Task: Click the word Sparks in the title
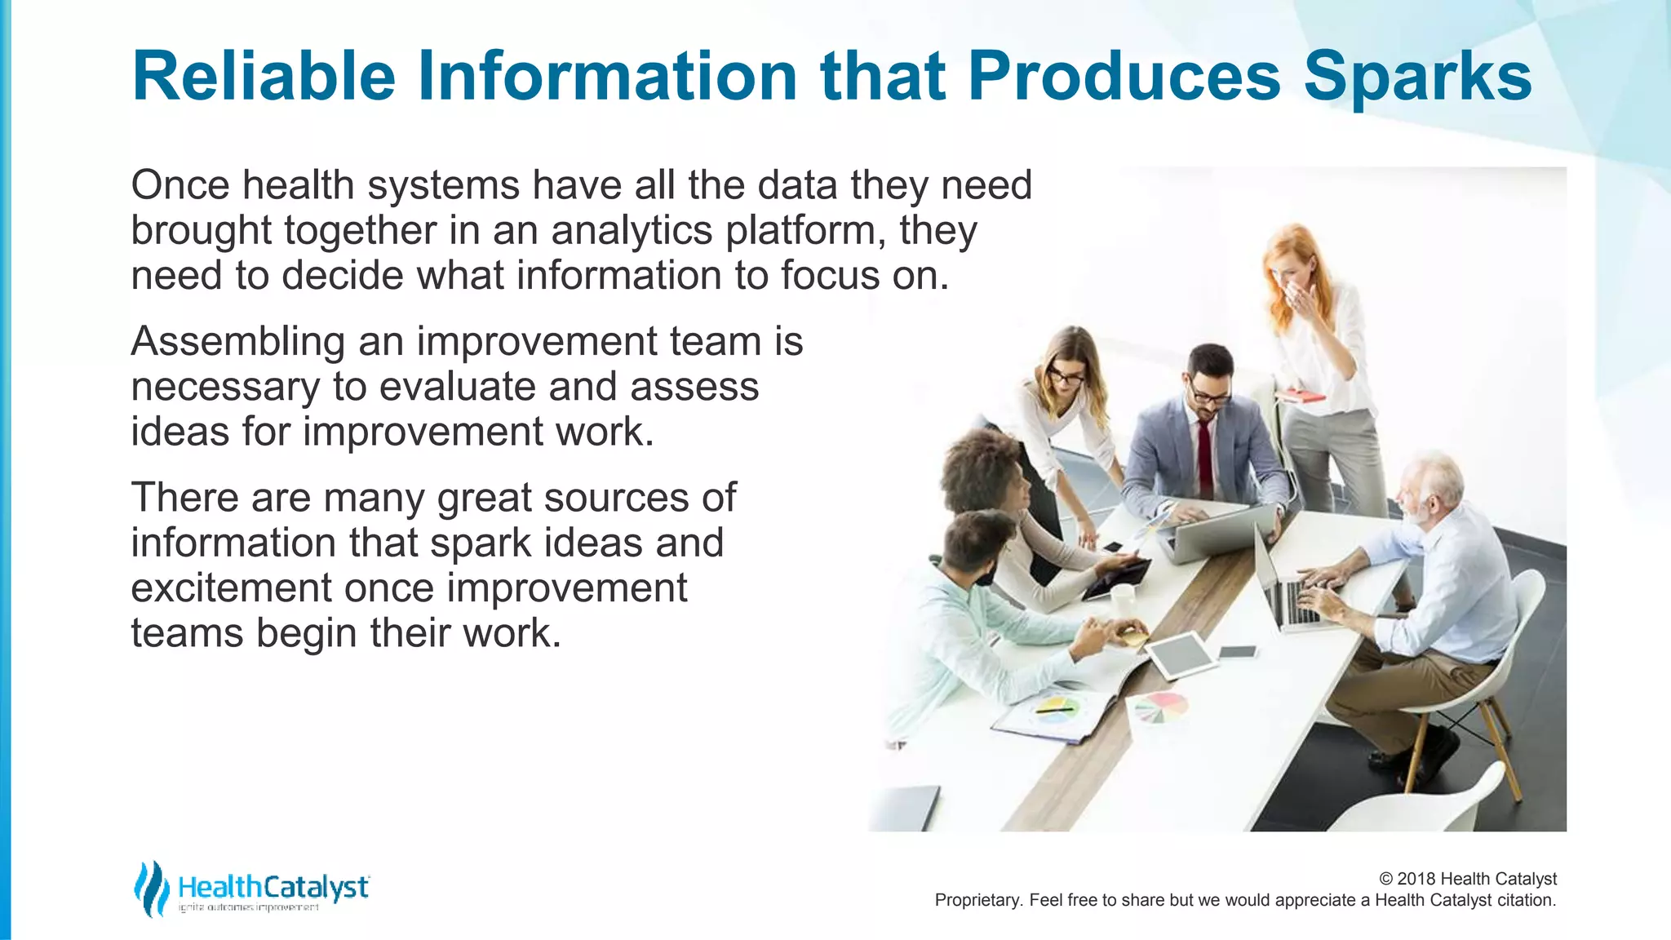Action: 1417,77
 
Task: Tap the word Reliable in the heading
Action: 264,77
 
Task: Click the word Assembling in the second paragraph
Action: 237,341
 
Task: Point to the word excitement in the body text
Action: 230,588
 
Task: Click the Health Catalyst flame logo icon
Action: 151,888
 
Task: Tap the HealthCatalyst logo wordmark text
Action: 273,887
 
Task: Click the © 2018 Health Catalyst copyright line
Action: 1467,879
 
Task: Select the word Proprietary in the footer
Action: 977,900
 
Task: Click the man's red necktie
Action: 1204,458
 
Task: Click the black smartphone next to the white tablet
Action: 1238,651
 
